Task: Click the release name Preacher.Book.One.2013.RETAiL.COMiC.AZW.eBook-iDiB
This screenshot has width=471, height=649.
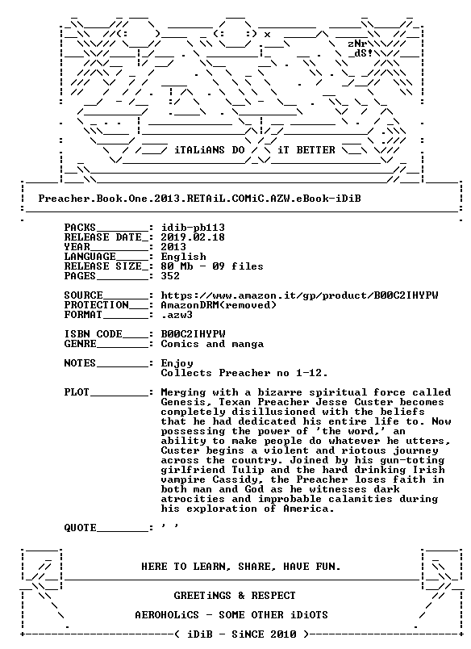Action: (x=200, y=199)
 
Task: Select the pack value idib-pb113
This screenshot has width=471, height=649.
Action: (x=193, y=228)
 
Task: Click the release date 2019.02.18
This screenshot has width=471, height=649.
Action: (x=193, y=237)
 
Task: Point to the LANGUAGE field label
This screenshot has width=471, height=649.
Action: (x=90, y=257)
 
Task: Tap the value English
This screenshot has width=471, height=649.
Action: (x=183, y=257)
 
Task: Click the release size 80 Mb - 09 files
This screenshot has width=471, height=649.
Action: (x=212, y=266)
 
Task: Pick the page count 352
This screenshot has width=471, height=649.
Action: (x=170, y=276)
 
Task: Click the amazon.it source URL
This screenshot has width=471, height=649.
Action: (x=300, y=295)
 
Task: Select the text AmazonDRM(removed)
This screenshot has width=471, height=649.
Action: (x=219, y=305)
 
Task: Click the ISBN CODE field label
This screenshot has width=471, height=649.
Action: (x=93, y=334)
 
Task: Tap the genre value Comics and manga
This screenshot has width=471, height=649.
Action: (x=212, y=345)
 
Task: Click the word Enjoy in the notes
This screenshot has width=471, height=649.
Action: (x=177, y=364)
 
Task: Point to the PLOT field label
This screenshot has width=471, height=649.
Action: (x=77, y=392)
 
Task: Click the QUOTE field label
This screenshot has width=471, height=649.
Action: (x=80, y=528)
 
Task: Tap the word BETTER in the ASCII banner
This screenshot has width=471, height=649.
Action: (x=315, y=150)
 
